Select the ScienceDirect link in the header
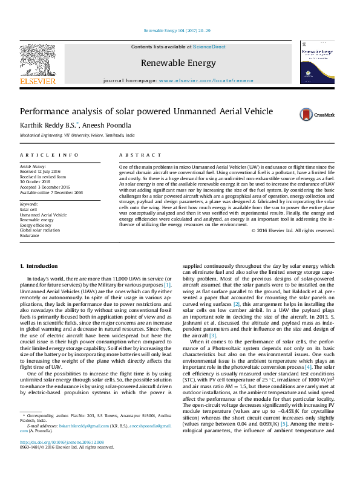pyautogui.click(x=209, y=47)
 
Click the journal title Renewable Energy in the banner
pyautogui.click(x=178, y=63)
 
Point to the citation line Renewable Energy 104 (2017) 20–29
pyautogui.click(x=177, y=30)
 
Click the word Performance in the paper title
pyautogui.click(x=44, y=112)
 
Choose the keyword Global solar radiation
pyautogui.click(x=41, y=230)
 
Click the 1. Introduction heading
pyautogui.click(x=39, y=266)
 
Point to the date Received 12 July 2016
pyautogui.click(x=41, y=171)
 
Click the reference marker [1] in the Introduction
pyautogui.click(x=167, y=284)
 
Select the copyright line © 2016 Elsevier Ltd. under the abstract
pyautogui.click(x=293, y=230)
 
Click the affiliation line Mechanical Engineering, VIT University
pyautogui.click(x=77, y=135)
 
